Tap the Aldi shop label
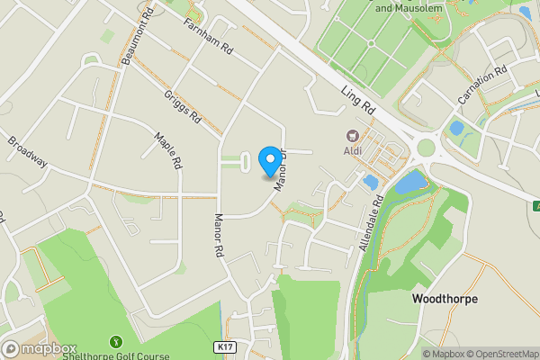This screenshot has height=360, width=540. coord(352,150)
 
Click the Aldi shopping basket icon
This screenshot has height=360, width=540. coord(352,136)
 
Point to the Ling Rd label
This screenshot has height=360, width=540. coord(359,100)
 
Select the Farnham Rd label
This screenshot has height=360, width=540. coord(207,36)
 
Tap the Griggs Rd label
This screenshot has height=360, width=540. coord(182,107)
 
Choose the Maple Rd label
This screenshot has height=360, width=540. coord(168,152)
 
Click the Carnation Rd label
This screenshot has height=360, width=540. coord(483,84)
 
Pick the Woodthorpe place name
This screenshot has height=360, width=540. coord(445,298)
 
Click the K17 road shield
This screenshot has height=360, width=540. coord(226,346)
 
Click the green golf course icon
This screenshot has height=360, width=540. coord(115,341)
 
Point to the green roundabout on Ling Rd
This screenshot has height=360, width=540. coord(426,148)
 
